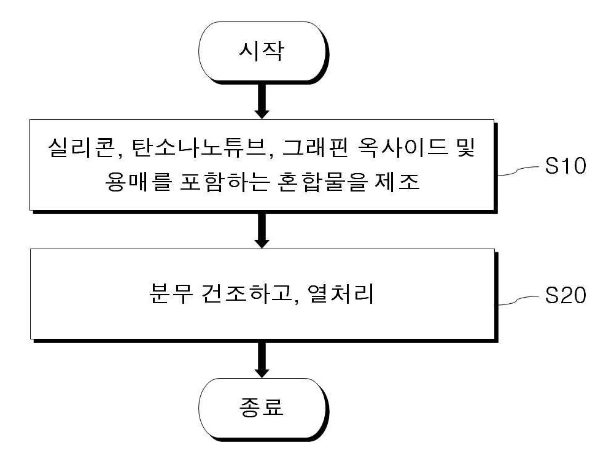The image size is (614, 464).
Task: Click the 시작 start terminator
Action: click(263, 52)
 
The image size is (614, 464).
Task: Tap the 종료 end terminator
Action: click(263, 408)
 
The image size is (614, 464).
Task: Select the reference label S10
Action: click(565, 166)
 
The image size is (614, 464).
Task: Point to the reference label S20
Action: click(565, 295)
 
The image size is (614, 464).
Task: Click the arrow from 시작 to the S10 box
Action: click(262, 101)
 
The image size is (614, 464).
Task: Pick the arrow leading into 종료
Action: click(262, 360)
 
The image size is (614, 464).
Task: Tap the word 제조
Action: click(397, 182)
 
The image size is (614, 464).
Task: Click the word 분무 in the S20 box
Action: click(171, 293)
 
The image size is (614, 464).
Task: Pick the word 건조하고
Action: click(251, 293)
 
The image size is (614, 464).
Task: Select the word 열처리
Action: click(341, 293)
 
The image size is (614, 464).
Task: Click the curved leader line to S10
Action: click(518, 171)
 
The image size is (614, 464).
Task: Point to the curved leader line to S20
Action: click(518, 300)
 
